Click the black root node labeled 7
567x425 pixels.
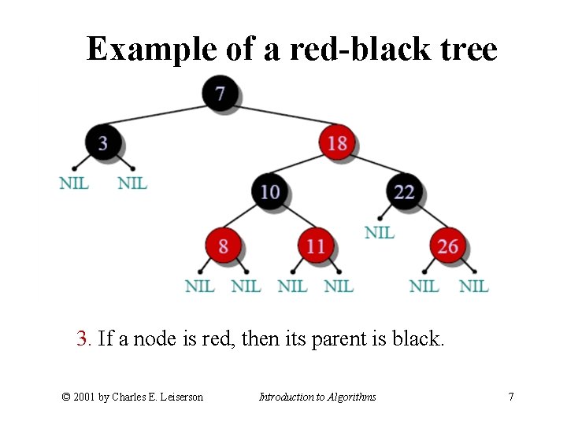(220, 94)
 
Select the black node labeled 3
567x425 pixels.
(103, 142)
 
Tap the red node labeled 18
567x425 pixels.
(337, 142)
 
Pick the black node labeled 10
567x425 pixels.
(270, 192)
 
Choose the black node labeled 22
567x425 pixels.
(404, 192)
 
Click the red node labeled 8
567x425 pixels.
(223, 246)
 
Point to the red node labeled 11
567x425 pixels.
(316, 246)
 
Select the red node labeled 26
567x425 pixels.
(448, 246)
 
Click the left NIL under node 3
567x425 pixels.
(74, 183)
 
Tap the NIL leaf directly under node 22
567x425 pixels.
(380, 232)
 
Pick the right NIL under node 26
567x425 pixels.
(473, 286)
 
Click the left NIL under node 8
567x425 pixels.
(199, 286)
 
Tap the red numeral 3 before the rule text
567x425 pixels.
(83, 339)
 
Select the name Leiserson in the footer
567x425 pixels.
(177, 397)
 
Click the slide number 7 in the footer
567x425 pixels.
(511, 397)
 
